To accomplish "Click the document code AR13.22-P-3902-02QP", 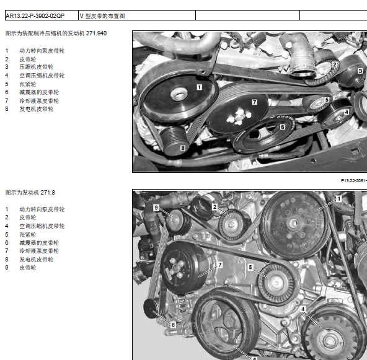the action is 35,16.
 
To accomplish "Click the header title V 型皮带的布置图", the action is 102,16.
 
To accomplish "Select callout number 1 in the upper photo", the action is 199,87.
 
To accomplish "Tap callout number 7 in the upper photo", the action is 254,102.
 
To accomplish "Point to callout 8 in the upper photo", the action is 183,148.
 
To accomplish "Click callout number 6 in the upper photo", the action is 283,127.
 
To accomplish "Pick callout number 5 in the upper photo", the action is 327,100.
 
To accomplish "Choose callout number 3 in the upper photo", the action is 360,71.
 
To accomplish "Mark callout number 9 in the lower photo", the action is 156,208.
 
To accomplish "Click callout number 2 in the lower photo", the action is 215,207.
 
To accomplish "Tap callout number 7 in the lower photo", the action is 220,265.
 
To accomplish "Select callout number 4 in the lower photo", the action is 303,309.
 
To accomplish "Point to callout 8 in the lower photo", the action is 173,325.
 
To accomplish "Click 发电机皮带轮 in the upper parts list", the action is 37,109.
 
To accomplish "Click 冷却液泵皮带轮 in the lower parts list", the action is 39,251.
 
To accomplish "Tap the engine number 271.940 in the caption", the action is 96,33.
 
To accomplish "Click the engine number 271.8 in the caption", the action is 48,193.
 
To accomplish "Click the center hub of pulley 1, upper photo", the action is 179,94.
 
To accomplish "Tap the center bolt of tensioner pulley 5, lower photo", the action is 276,283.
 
